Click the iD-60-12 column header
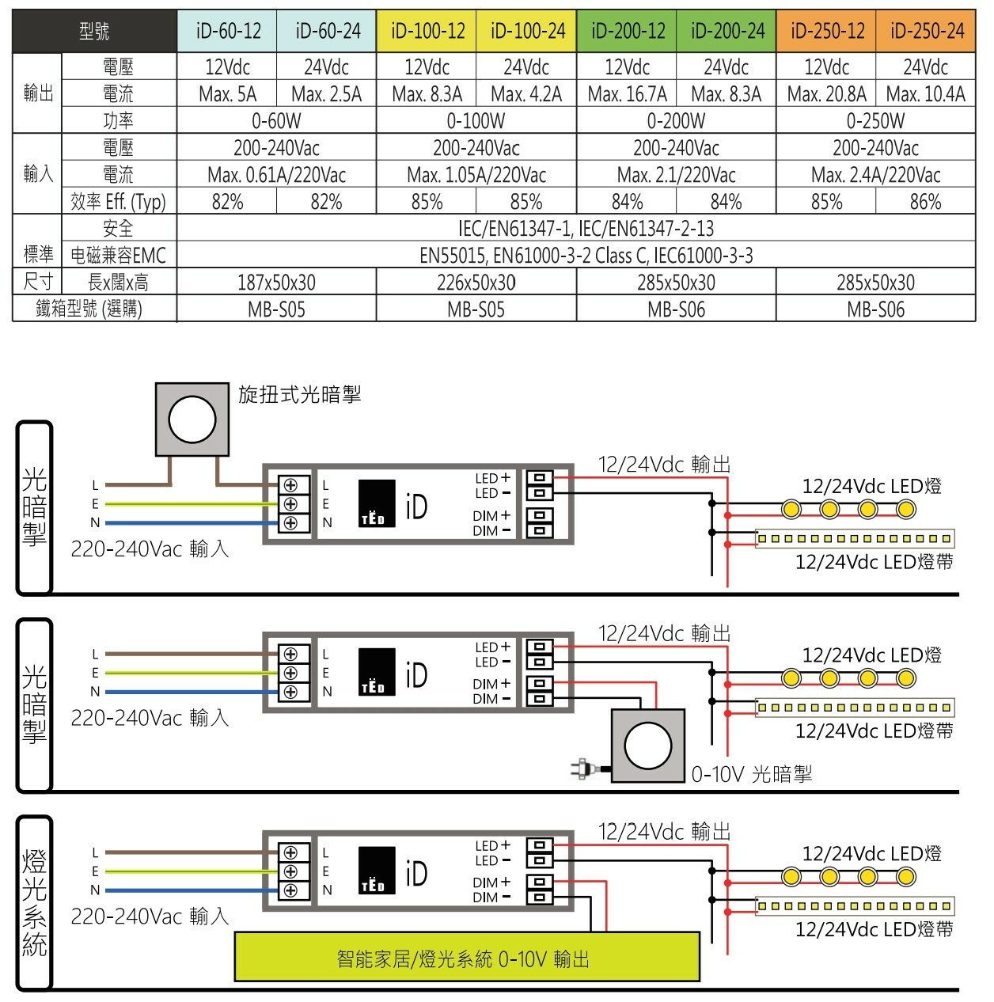click(x=228, y=32)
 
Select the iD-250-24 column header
click(x=926, y=32)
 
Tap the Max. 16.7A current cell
click(x=627, y=94)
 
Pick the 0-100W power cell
click(x=476, y=121)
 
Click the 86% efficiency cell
click(x=925, y=202)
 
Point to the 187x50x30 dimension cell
click(x=276, y=283)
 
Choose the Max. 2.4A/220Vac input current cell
click(x=875, y=175)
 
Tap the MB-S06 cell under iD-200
click(x=676, y=309)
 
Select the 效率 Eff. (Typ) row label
click(x=118, y=202)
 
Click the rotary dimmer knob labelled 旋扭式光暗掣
click(x=192, y=419)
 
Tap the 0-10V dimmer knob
click(x=648, y=746)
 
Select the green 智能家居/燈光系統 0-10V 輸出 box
click(x=467, y=956)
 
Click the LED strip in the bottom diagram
click(x=854, y=906)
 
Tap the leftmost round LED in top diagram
click(x=791, y=508)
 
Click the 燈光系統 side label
click(x=35, y=902)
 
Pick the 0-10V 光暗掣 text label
click(x=751, y=774)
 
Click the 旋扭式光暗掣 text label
click(x=299, y=394)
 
